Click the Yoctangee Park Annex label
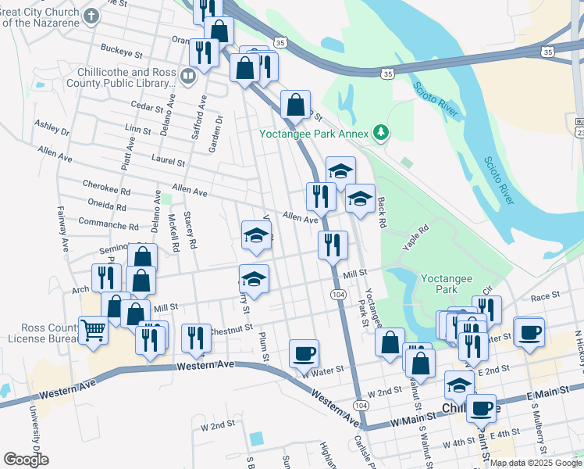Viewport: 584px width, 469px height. pos(315,132)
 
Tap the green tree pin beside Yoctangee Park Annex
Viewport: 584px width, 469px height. pos(381,132)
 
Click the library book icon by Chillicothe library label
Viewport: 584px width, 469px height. pos(187,77)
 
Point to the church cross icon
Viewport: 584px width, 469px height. pos(91,15)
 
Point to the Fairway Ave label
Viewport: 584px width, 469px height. pos(63,227)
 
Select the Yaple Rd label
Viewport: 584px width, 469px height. pos(416,237)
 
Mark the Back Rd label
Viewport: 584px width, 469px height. pos(382,213)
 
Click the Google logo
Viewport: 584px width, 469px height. pos(27,460)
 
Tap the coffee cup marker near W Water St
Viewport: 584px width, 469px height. pos(304,353)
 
